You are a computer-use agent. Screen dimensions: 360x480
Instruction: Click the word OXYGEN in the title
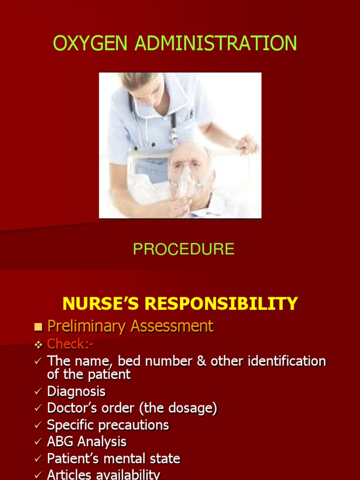click(x=90, y=43)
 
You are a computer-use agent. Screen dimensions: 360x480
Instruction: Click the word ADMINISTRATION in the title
click(x=216, y=43)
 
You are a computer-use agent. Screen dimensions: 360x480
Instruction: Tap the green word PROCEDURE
click(x=184, y=249)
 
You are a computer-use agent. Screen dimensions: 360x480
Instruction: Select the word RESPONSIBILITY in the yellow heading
click(x=221, y=304)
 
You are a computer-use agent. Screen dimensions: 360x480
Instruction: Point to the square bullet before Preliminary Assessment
click(x=38, y=327)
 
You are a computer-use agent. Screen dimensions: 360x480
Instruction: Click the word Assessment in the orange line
click(x=172, y=326)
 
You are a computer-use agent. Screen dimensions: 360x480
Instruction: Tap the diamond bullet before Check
click(x=38, y=345)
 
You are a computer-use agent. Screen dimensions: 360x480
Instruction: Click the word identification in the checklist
click(x=287, y=361)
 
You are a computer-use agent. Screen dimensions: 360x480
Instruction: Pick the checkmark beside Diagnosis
click(x=38, y=391)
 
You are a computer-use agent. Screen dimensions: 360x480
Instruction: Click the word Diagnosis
click(x=76, y=391)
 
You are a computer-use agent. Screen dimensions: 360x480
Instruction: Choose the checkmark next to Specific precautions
click(x=38, y=425)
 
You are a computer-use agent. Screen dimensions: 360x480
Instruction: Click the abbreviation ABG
click(x=60, y=442)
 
